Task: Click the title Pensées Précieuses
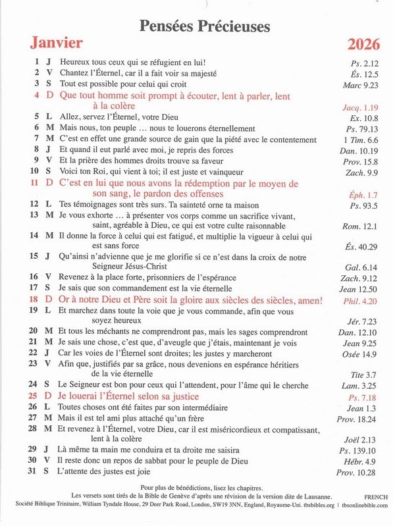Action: [205, 26]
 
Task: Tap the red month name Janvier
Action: [56, 43]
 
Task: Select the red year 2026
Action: [363, 45]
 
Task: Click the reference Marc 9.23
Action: [361, 84]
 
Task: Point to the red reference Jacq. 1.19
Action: [361, 107]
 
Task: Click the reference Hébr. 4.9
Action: [363, 461]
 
